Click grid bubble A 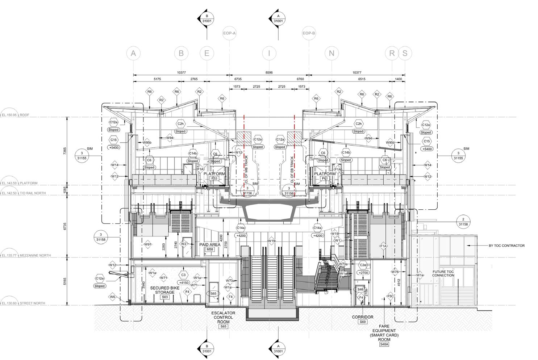[x=133, y=53]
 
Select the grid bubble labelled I [x=269, y=53]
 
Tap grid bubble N [x=331, y=53]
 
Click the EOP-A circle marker [x=229, y=33]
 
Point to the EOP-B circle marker [x=309, y=33]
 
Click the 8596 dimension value [x=269, y=72]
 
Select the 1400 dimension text [x=398, y=79]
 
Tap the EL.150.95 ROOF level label [x=20, y=115]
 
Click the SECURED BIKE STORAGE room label [x=165, y=290]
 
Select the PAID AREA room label [x=210, y=245]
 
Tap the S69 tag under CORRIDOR [x=362, y=322]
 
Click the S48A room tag [x=384, y=345]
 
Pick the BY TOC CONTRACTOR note [x=506, y=246]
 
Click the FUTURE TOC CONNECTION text [x=443, y=273]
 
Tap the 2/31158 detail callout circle [x=463, y=222]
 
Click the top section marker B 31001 [x=207, y=18]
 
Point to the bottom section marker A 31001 [x=278, y=348]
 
